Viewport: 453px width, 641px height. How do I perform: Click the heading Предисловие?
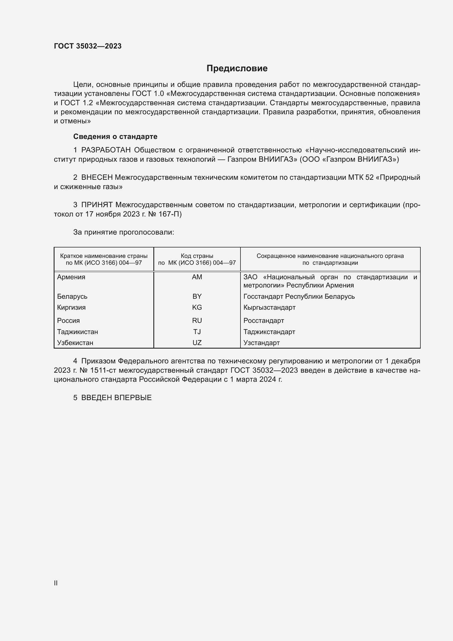tap(237, 69)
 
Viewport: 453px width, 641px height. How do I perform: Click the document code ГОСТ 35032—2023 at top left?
tap(88, 46)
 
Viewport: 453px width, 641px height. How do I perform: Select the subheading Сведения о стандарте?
tap(115, 136)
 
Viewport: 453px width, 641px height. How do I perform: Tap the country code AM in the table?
tap(197, 277)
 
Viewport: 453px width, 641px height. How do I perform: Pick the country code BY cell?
tap(197, 296)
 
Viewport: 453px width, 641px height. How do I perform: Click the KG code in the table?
tap(197, 307)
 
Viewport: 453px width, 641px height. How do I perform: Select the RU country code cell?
tap(197, 321)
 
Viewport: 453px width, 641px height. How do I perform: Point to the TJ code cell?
tap(197, 332)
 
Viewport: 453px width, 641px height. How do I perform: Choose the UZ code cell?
tap(197, 343)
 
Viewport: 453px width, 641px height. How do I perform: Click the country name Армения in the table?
tap(71, 277)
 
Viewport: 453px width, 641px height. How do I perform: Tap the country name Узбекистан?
tap(75, 343)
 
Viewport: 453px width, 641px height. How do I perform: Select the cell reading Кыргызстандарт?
tap(269, 307)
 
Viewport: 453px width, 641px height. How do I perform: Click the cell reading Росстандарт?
tap(263, 321)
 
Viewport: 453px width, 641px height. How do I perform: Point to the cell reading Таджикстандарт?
tap(269, 332)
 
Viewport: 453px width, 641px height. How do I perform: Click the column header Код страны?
tap(197, 256)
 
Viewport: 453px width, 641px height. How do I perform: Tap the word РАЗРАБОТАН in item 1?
tap(106, 150)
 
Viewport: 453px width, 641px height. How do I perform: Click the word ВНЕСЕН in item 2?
tap(97, 178)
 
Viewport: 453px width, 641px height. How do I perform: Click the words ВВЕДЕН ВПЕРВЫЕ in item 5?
tap(116, 398)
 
